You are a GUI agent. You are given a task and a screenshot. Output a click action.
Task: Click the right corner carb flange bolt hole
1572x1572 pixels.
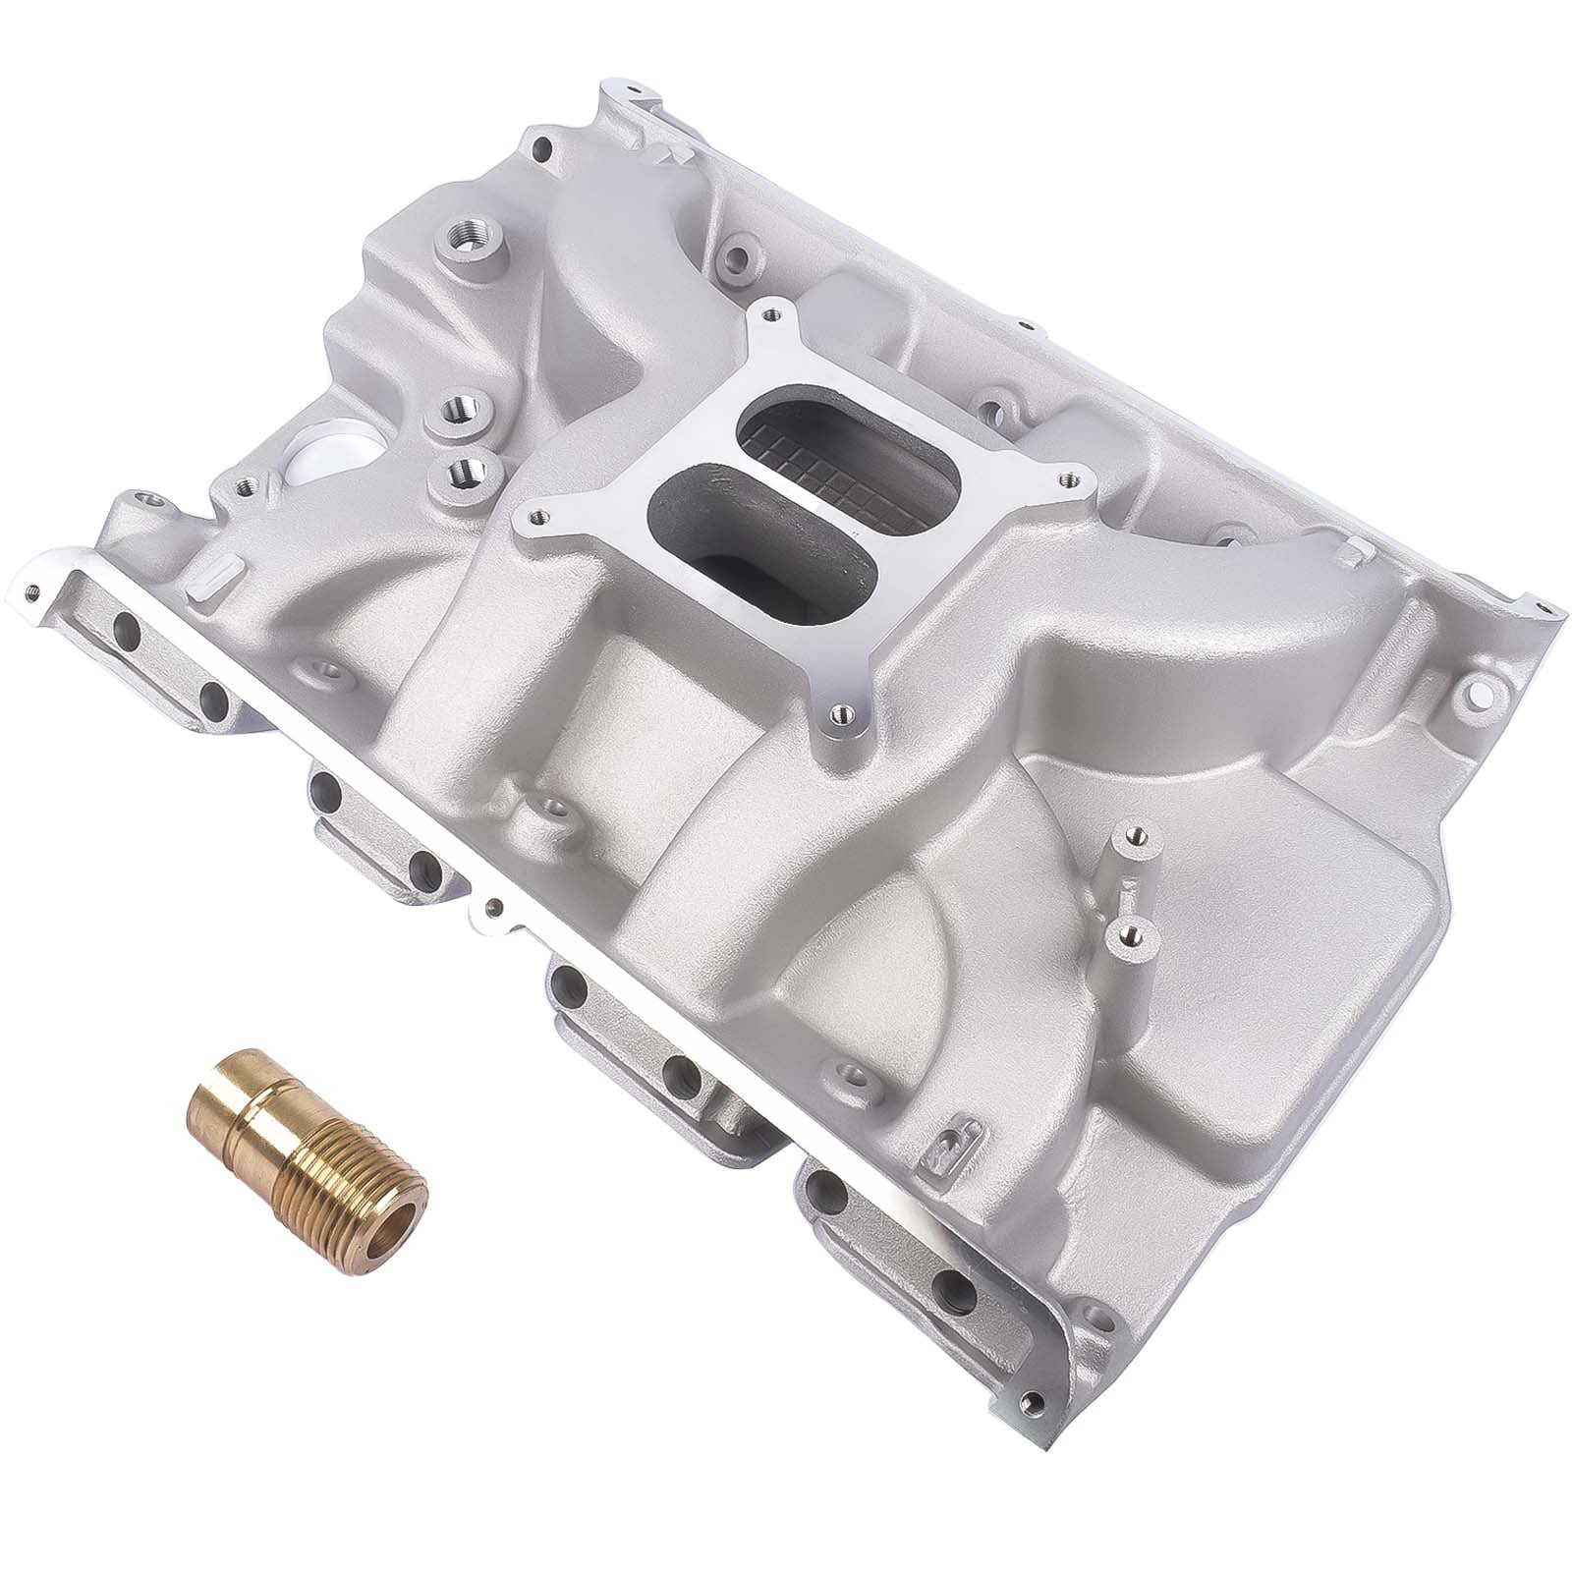coord(1060,477)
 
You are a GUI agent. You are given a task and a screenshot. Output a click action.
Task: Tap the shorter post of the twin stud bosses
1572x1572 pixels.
coord(1126,934)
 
